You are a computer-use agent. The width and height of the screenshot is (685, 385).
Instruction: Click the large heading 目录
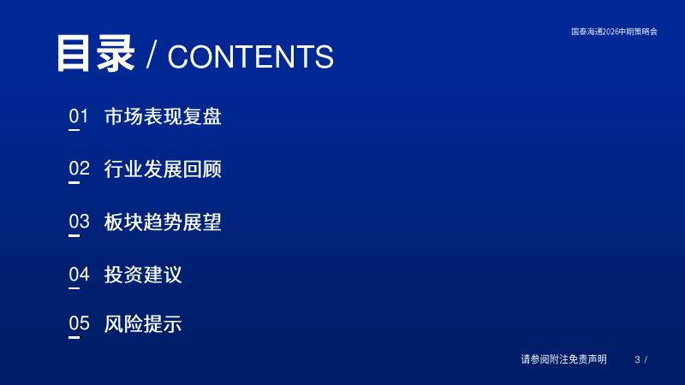[95, 53]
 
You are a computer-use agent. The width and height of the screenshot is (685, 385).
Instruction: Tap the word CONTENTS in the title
[251, 56]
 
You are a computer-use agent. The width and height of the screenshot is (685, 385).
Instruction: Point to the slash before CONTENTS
[152, 55]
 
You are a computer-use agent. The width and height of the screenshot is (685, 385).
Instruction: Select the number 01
[79, 116]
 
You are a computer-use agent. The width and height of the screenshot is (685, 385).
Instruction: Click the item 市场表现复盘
[163, 116]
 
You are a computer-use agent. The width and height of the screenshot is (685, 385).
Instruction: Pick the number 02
[79, 169]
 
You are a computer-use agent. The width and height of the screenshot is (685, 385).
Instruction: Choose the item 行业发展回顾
[163, 169]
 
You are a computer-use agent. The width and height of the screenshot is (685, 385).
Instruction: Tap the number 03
[79, 222]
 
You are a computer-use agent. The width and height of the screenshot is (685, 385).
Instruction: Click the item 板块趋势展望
[163, 222]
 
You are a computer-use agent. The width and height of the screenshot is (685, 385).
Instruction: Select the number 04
[79, 275]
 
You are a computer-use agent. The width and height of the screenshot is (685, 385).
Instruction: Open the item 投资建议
[143, 275]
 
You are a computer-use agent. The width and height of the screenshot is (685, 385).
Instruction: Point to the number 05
[79, 323]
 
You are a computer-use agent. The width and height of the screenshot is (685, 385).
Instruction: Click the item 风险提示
[143, 324]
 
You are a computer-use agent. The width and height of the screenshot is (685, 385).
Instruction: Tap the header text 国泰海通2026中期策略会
[614, 32]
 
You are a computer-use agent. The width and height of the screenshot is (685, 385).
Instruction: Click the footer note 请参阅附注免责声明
[563, 359]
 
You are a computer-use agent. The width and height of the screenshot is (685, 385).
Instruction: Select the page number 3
[637, 359]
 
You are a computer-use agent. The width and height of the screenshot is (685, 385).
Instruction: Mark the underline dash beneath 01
[74, 130]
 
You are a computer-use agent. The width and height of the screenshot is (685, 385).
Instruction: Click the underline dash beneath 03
[74, 235]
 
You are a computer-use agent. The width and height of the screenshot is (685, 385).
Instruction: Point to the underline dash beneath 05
[74, 337]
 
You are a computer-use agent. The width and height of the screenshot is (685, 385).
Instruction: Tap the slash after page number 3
[646, 359]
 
